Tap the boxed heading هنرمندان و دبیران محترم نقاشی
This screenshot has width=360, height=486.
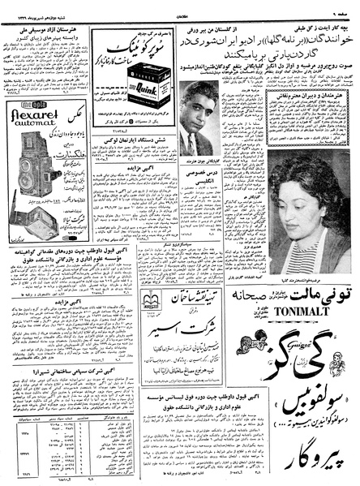pos(309,95)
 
